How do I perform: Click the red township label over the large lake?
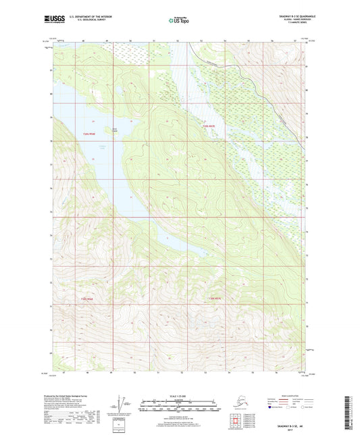point(90,134)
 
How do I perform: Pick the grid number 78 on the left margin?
point(50,142)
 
